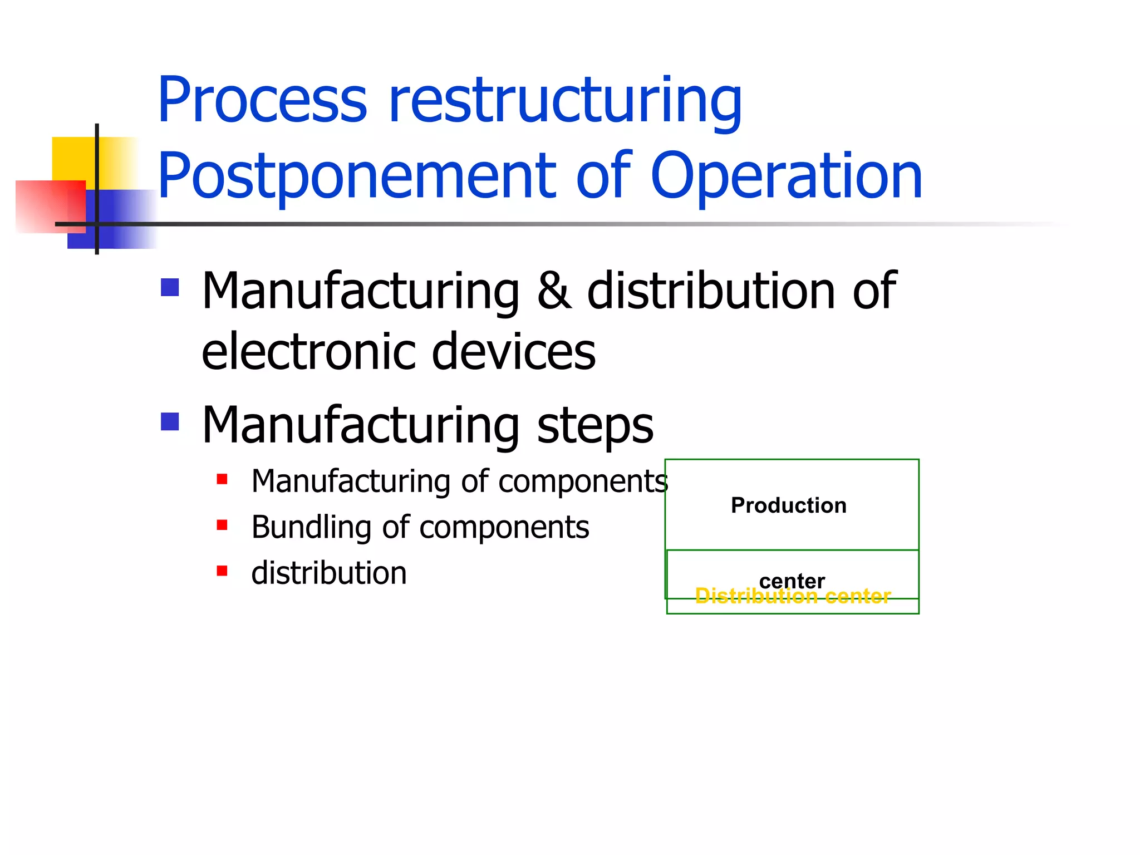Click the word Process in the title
coord(262,101)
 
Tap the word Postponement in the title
coord(356,177)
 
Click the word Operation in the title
coord(786,177)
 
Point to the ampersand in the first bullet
coord(554,292)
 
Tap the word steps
coord(595,426)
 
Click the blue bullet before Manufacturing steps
coord(170,421)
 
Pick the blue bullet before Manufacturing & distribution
coord(170,287)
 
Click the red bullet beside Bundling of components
coord(222,525)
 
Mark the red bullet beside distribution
coord(222,571)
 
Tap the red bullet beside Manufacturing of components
coord(222,479)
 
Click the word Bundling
coord(311,527)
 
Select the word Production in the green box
coord(788,505)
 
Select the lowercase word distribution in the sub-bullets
coord(329,573)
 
